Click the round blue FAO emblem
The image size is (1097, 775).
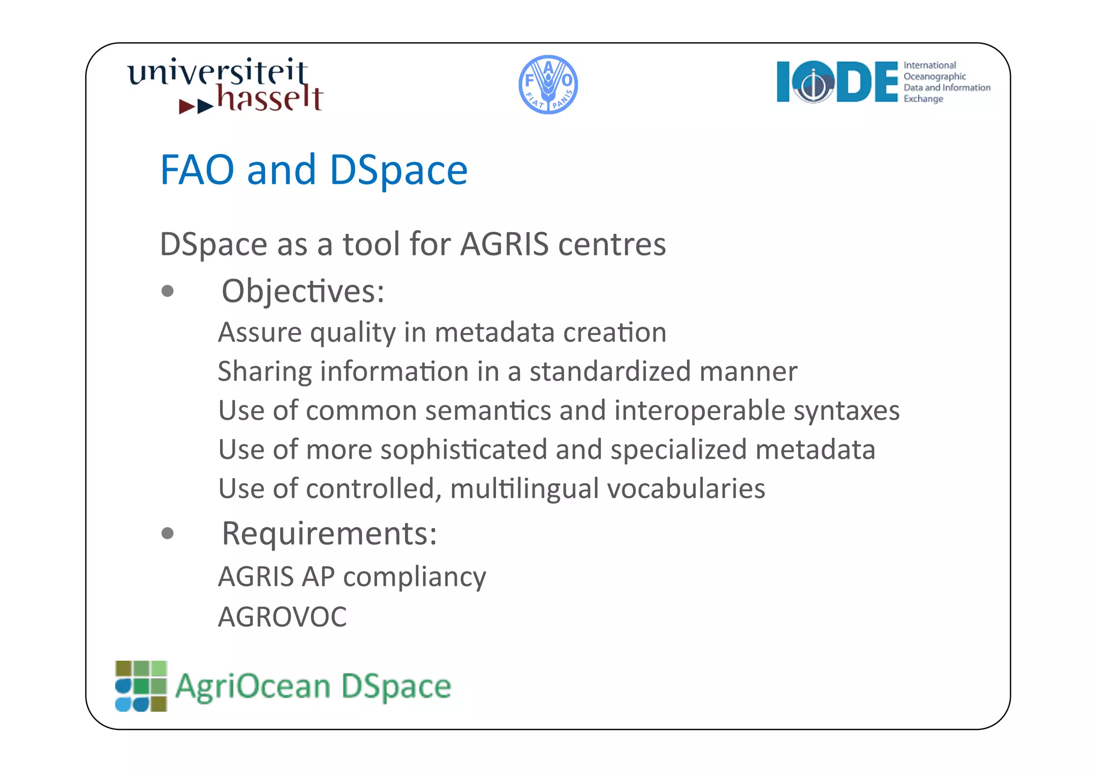click(x=548, y=85)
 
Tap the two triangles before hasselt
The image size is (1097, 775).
click(x=196, y=106)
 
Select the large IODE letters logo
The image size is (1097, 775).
click(x=837, y=82)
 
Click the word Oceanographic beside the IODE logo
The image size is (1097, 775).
click(x=935, y=77)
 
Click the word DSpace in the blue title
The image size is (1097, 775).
click(x=399, y=170)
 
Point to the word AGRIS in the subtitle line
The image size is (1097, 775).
click(x=505, y=244)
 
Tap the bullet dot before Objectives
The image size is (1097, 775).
click(x=168, y=291)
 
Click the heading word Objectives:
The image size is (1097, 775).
click(x=303, y=291)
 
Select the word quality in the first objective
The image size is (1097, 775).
click(x=353, y=333)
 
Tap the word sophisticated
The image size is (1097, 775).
click(x=464, y=450)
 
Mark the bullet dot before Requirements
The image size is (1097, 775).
click(x=168, y=533)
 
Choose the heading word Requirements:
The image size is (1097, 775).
click(x=329, y=534)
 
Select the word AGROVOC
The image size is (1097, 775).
click(x=282, y=617)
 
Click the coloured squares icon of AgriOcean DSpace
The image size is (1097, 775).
click(x=141, y=686)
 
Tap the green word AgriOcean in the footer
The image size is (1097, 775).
click(x=253, y=687)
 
